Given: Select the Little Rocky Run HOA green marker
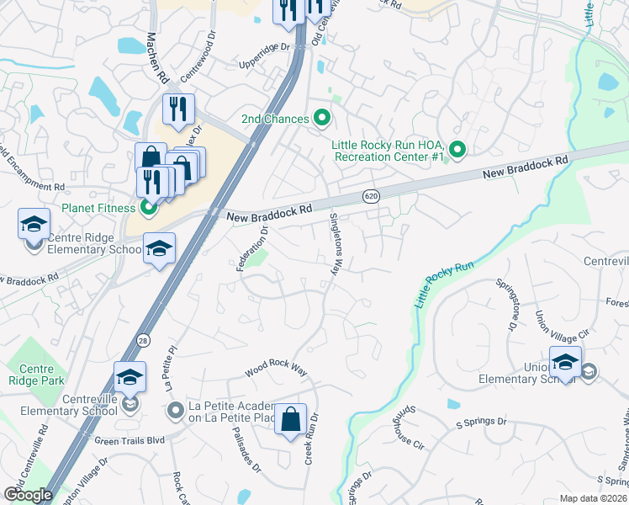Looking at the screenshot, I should (x=457, y=150).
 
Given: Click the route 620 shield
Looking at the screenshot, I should (x=370, y=196).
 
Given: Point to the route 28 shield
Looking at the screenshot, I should (x=144, y=339).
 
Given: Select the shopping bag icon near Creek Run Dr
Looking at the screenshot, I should (x=290, y=419).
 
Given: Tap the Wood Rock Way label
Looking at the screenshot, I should (x=276, y=369).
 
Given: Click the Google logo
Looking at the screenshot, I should (x=28, y=494).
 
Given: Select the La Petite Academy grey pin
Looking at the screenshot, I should (x=175, y=411).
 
